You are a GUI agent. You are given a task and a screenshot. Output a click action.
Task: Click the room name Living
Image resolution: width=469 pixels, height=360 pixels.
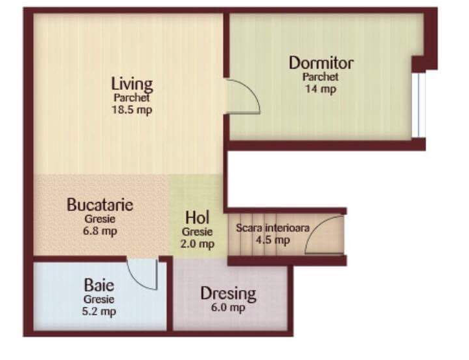coord(132,84)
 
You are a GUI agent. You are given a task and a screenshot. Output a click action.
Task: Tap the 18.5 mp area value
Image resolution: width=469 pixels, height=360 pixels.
coord(132,109)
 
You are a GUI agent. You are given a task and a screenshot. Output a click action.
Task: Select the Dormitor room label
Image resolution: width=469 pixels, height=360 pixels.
coord(321,63)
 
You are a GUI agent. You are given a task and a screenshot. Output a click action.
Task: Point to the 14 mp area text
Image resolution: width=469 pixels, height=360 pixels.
coord(321,89)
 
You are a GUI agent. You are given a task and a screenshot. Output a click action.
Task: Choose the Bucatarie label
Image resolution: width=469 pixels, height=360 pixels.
coord(100,205)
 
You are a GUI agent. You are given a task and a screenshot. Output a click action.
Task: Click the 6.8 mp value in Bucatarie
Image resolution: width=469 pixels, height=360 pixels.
coord(100,231)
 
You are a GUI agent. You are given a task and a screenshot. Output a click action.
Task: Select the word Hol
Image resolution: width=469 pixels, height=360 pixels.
coord(197,217)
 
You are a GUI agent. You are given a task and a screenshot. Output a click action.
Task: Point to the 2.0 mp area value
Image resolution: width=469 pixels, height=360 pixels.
coord(198,243)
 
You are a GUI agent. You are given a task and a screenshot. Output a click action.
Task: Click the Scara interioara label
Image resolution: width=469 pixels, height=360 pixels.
coord(273,228)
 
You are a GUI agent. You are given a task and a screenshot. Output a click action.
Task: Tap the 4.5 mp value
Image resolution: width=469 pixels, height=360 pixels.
coord(273,240)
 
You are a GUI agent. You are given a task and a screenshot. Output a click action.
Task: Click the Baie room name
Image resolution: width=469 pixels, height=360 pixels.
coord(99,285)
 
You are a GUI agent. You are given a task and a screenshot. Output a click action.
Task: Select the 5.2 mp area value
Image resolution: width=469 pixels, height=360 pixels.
coord(99,311)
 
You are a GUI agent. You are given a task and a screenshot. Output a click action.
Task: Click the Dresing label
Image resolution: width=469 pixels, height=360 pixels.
coord(228,293)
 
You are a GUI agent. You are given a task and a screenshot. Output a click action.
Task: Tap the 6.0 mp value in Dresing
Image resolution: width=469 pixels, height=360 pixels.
coord(228,308)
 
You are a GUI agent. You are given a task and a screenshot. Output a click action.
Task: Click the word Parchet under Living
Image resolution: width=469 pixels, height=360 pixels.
coord(132,98)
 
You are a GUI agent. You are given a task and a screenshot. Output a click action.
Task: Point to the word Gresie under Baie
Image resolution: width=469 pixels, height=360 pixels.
coord(99,300)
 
